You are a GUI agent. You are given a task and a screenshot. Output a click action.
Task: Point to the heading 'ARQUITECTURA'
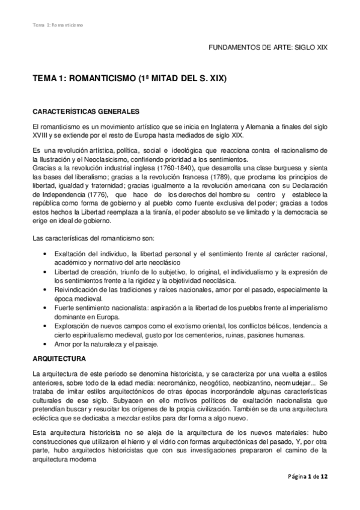pyautogui.click(x=59, y=358)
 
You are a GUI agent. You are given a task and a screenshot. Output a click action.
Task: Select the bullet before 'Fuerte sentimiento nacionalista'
pyautogui.click(x=46, y=307)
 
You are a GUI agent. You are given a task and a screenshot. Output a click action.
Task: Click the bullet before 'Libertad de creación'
pyautogui.click(x=46, y=272)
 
